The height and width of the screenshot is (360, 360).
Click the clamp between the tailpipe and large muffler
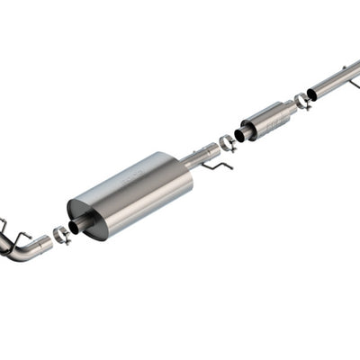[61, 235]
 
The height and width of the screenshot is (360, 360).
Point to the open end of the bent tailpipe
[47, 241]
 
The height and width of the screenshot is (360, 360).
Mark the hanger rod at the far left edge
[3, 225]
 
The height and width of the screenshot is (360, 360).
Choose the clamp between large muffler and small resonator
[227, 142]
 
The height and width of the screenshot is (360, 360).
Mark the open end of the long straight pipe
[312, 94]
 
